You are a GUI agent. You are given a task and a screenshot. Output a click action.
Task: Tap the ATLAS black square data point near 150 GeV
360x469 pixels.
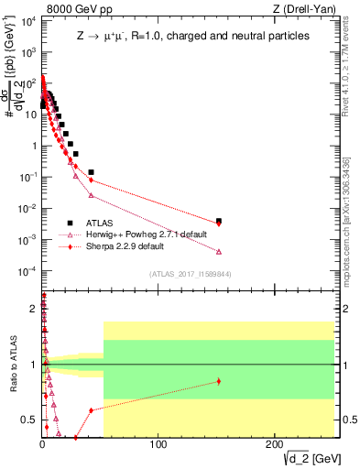click(219, 221)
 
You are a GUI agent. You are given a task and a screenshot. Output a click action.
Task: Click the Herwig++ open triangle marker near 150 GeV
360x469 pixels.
click(219, 251)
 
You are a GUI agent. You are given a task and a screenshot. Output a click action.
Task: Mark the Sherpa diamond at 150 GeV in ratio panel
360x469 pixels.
click(219, 381)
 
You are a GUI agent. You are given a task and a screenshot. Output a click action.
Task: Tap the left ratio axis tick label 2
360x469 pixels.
click(33, 309)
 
